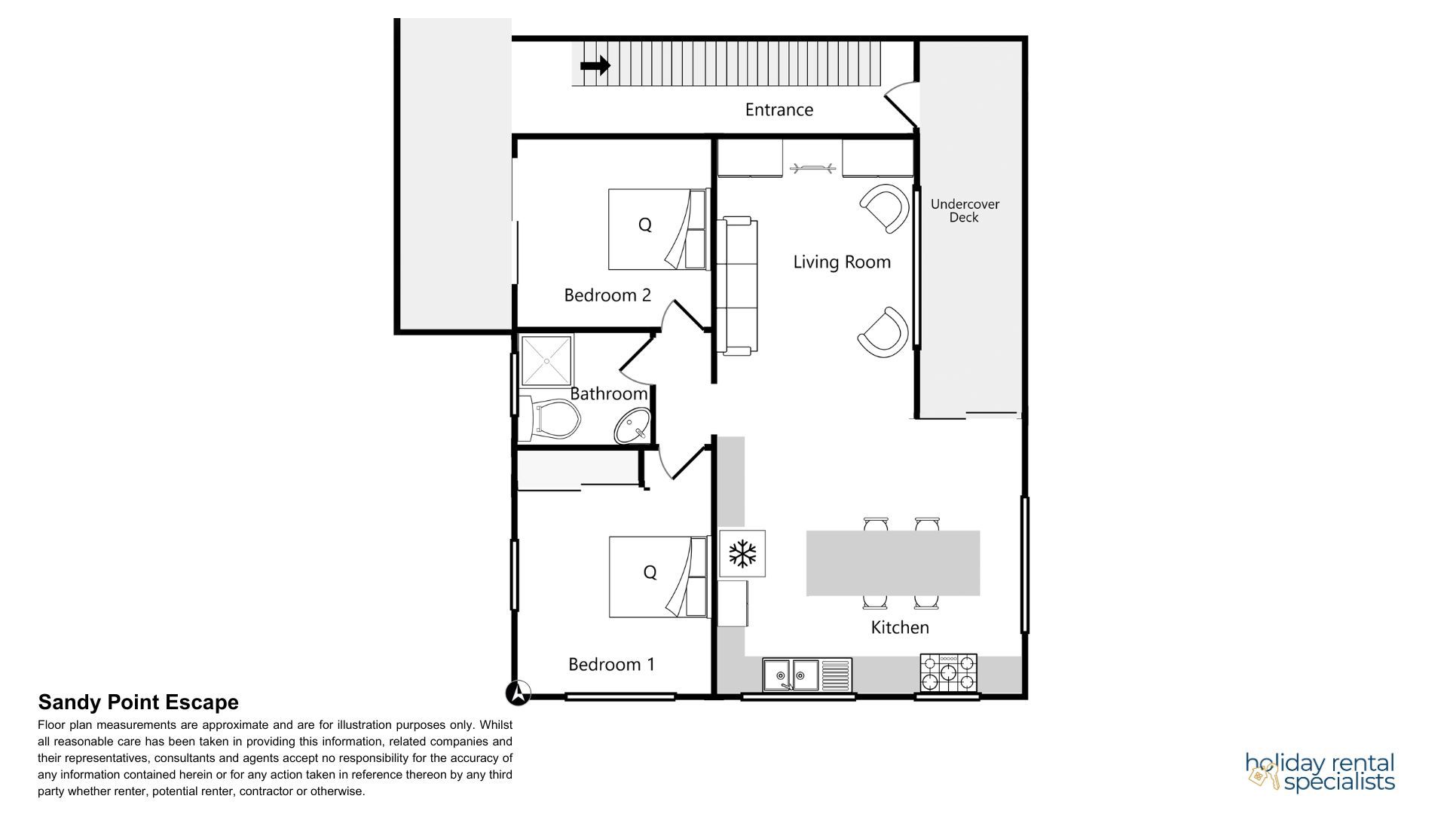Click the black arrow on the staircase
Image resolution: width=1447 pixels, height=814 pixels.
(x=595, y=66)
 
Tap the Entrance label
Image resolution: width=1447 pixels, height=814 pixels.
(x=779, y=110)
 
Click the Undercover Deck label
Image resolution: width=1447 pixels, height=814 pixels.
(x=964, y=211)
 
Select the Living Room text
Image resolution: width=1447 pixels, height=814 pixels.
(x=842, y=262)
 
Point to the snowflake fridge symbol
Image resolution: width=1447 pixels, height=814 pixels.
(x=742, y=554)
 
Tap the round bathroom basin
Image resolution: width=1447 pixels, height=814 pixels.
(x=632, y=427)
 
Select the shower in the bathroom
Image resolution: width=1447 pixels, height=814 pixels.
(x=547, y=360)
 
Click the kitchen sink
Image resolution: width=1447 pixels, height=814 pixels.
(x=806, y=675)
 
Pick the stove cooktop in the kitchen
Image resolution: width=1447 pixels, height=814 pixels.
(x=948, y=673)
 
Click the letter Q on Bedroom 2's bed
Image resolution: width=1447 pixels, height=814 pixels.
(x=644, y=225)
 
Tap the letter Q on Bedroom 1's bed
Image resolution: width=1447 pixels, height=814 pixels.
(x=650, y=573)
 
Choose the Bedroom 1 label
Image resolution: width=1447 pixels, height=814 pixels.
(x=611, y=665)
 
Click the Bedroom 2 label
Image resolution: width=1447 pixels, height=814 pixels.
(x=607, y=295)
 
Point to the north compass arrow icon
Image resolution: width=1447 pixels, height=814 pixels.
(x=519, y=693)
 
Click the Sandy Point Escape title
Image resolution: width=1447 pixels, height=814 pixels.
(x=139, y=702)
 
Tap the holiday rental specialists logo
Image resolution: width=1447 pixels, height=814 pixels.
(x=1320, y=772)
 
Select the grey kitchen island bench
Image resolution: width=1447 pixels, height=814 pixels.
(x=893, y=563)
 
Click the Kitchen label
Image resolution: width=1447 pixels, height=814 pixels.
(x=900, y=627)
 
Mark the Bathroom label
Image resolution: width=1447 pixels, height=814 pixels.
(x=608, y=393)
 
